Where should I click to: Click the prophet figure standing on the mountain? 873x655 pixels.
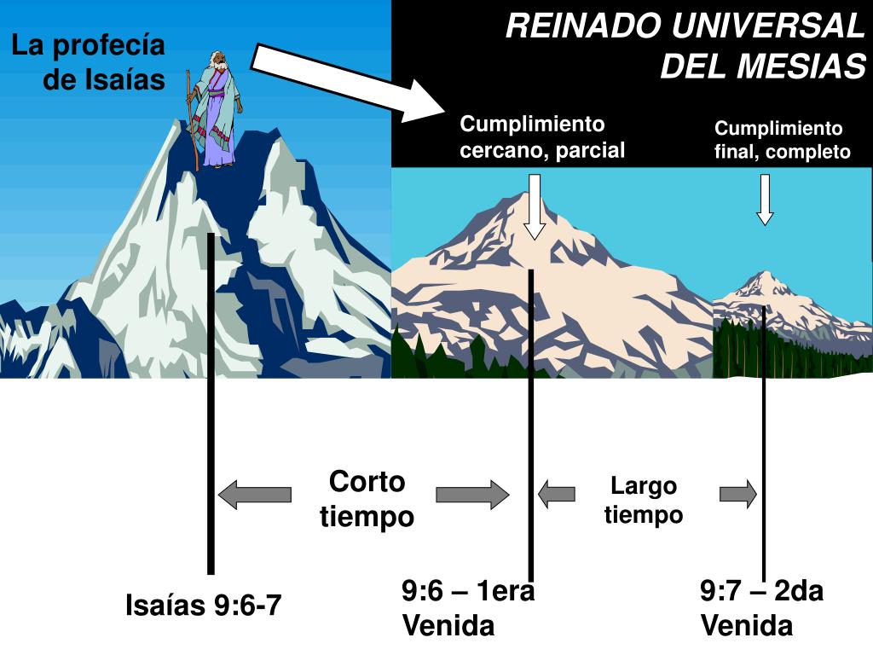point(214,109)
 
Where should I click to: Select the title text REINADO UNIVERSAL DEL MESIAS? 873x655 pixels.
point(685,46)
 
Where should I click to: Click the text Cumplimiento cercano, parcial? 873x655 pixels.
point(542,137)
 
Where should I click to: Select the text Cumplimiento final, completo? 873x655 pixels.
point(782,140)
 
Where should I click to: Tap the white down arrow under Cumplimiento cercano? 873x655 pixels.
point(535,206)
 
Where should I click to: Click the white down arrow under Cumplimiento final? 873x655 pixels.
point(765,200)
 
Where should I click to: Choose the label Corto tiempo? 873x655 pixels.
point(367,499)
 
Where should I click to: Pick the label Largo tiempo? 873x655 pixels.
point(644,501)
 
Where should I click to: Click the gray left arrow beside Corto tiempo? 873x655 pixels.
point(254,494)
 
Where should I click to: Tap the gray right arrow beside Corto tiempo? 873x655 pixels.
point(472,495)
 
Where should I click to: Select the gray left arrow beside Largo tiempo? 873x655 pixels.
point(556,493)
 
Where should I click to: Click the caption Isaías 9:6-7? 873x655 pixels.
point(203,606)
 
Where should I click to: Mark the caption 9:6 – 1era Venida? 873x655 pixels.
point(468,608)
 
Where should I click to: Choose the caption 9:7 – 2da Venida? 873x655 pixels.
point(761,608)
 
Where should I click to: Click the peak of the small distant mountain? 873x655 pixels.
point(760,275)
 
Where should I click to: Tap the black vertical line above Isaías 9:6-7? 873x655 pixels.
point(211,401)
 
